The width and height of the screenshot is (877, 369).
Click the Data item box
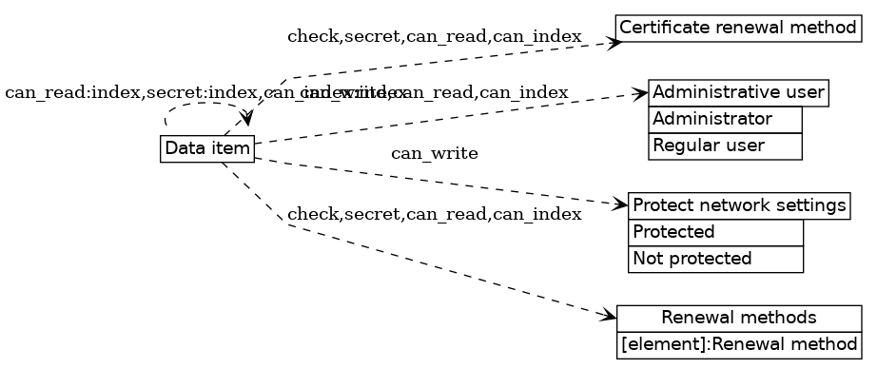pos(207,149)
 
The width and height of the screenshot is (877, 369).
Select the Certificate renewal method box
pos(738,28)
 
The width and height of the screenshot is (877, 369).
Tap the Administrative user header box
pos(738,93)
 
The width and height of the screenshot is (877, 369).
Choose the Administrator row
pos(725,120)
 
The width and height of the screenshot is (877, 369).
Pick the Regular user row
pos(725,146)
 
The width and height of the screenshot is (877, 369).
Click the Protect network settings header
pos(738,205)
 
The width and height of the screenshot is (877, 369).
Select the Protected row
pos(715,232)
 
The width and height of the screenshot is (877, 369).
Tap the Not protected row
pos(715,259)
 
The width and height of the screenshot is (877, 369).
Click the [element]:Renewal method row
pos(738,343)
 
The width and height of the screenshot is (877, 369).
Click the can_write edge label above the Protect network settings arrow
pos(434,153)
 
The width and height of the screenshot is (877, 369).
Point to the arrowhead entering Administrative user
pos(643,94)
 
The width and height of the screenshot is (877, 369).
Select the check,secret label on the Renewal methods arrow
pos(345,214)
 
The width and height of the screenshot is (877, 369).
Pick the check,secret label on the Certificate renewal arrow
pos(345,36)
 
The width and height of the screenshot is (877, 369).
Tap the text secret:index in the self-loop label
pos(202,92)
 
